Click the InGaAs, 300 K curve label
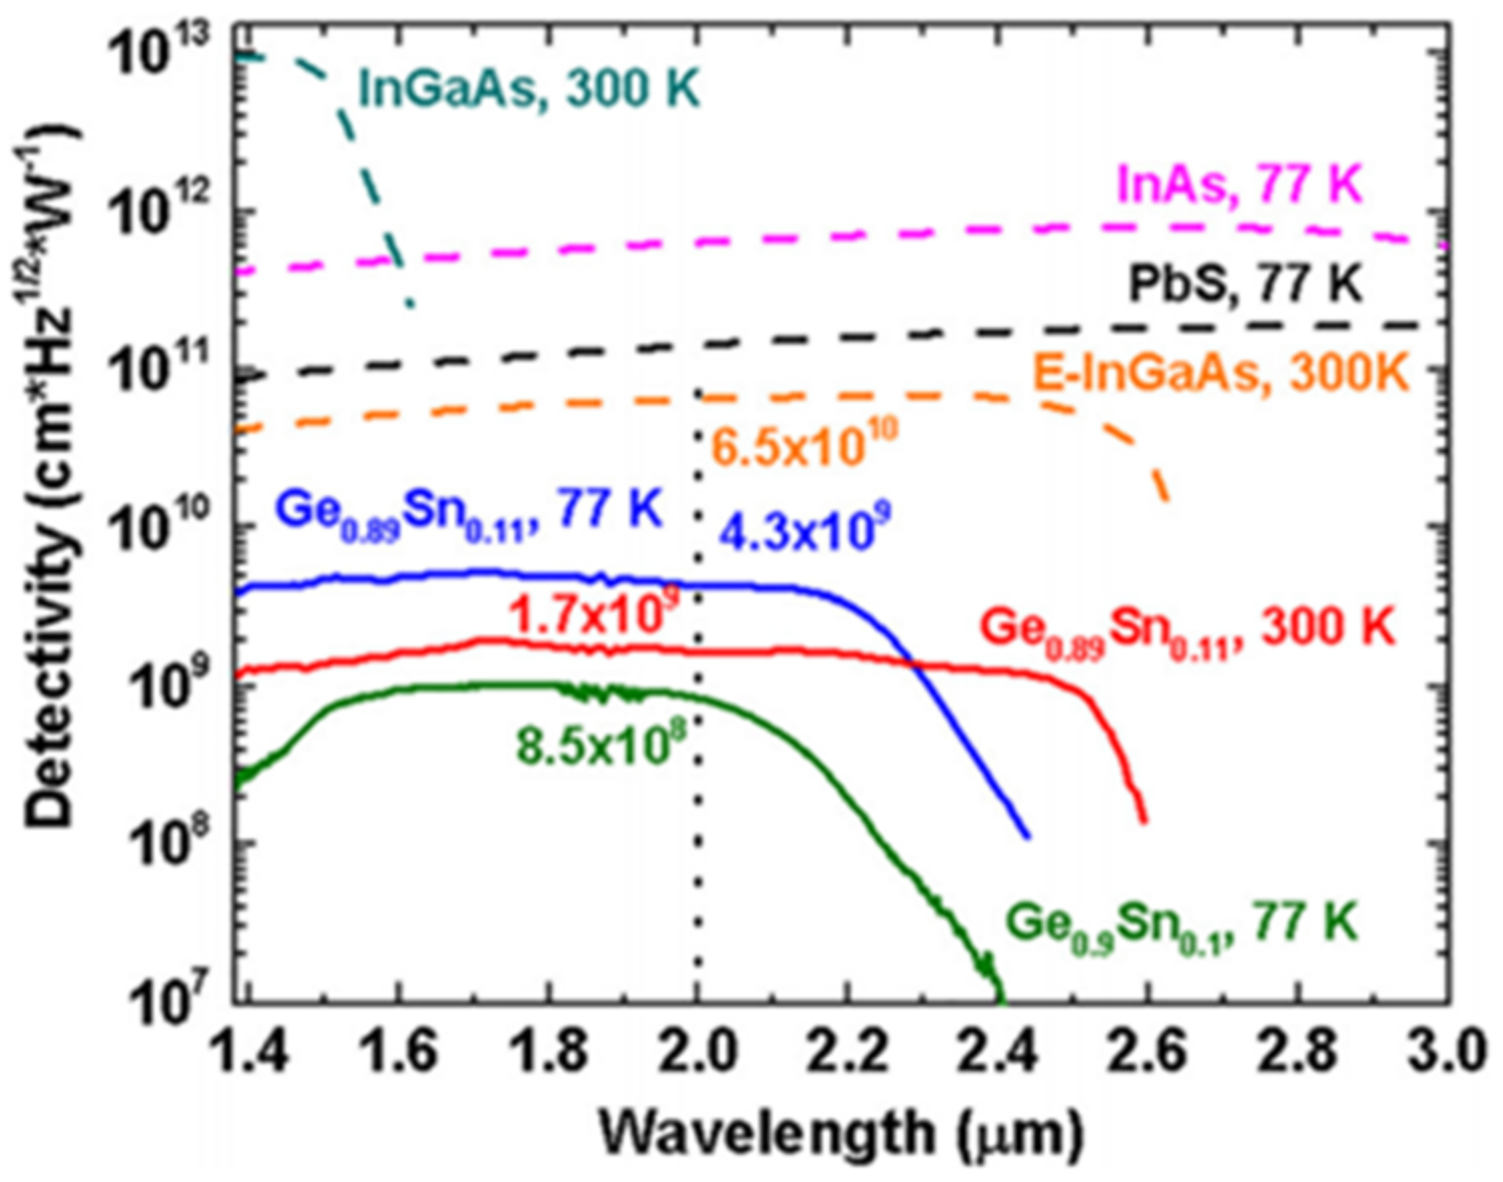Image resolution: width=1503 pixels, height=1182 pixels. pos(529,90)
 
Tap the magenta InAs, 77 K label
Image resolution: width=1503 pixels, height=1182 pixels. pos(1239,186)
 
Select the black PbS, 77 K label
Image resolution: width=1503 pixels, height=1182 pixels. pos(1244,284)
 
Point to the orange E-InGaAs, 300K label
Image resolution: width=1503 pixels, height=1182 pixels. pos(1220,374)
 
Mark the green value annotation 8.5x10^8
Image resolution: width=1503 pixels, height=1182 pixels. pos(602,744)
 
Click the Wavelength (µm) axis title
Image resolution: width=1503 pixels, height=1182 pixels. pos(840,1133)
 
